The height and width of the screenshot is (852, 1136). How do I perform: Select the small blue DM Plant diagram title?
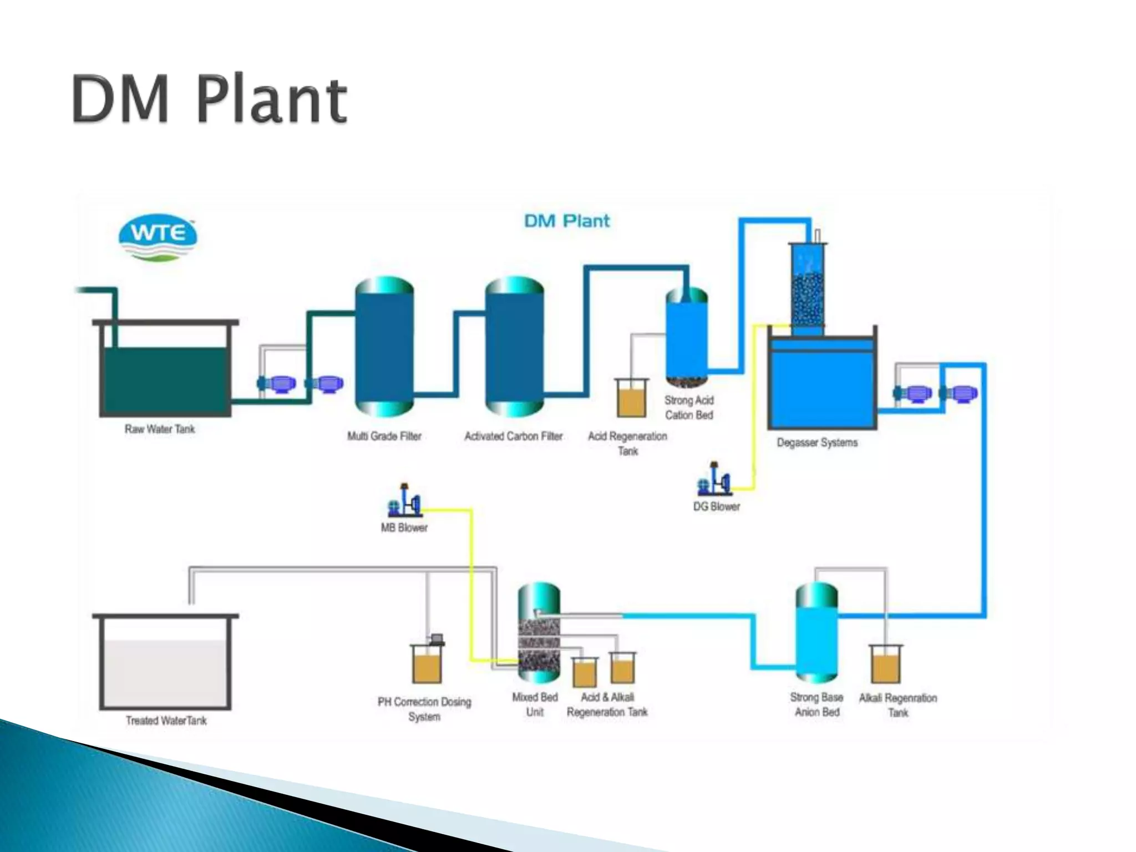566,221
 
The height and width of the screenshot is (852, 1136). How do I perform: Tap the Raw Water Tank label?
160,429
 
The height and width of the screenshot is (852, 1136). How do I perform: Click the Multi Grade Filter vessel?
384,347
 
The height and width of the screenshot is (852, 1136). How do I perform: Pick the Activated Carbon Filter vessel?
514,347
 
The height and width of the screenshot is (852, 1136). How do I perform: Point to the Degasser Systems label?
817,443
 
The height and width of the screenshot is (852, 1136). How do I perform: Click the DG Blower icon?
714,480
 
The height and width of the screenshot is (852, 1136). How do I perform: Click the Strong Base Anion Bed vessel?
816,632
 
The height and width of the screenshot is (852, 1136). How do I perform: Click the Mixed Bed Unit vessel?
539,632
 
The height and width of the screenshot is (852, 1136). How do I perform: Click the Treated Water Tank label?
166,721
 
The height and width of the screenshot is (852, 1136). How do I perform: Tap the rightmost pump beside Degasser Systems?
960,393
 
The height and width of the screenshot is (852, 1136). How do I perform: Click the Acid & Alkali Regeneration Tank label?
607,704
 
